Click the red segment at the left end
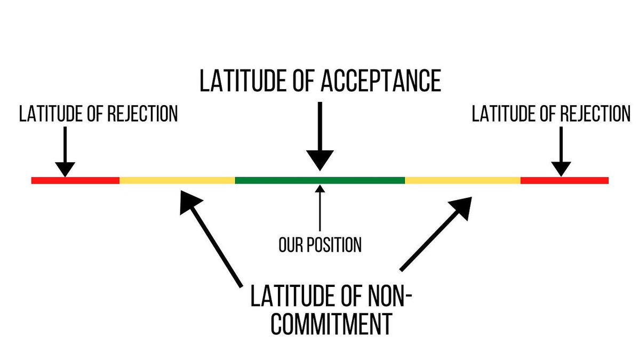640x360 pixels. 75,180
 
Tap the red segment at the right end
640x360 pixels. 564,180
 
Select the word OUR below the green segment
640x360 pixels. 291,245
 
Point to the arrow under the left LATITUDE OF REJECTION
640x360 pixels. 65,152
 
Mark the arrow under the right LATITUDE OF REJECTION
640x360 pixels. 560,152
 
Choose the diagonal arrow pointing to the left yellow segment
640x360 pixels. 211,235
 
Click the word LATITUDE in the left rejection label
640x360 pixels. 48,114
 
